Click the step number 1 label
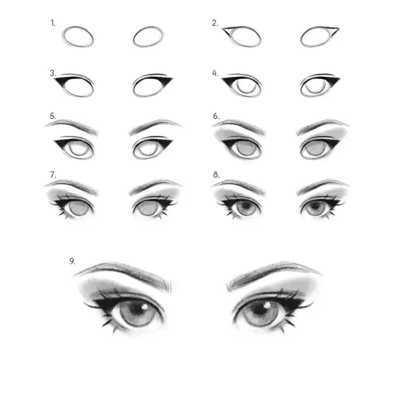point(53,23)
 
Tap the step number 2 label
point(215,23)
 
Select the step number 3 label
point(53,74)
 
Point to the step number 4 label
point(215,74)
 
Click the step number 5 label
point(53,116)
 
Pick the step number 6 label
point(216,116)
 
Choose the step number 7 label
point(53,175)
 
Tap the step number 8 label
point(216,175)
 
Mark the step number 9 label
point(72,261)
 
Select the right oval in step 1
point(148,27)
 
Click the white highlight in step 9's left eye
point(145,307)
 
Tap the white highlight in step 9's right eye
point(267,305)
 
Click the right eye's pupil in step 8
point(315,206)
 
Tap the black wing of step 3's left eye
point(61,81)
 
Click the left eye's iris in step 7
point(78,208)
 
